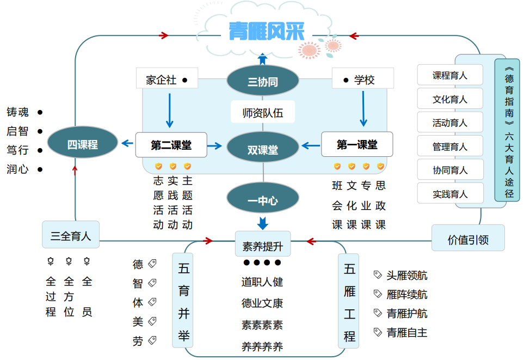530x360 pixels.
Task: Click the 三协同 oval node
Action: (x=263, y=82)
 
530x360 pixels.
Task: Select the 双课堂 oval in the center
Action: (x=263, y=147)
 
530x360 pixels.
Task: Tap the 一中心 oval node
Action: (x=263, y=199)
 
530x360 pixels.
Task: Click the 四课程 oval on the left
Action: (x=82, y=144)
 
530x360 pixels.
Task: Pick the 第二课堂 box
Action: (x=171, y=145)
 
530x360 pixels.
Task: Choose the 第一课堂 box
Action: (x=357, y=144)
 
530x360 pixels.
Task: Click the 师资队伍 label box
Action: (x=263, y=113)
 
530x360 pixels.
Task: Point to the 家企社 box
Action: (x=167, y=80)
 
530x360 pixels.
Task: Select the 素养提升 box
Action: (x=263, y=245)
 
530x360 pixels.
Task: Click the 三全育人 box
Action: (x=71, y=235)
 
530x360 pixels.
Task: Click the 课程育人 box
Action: (x=450, y=75)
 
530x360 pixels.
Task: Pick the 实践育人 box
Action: (x=450, y=193)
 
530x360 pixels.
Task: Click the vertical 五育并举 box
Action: (x=183, y=300)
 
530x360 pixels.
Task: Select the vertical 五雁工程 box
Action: (x=349, y=301)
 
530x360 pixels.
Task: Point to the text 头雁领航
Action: (x=406, y=276)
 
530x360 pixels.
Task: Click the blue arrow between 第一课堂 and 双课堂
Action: (x=311, y=145)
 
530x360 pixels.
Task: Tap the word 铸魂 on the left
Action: (x=17, y=112)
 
